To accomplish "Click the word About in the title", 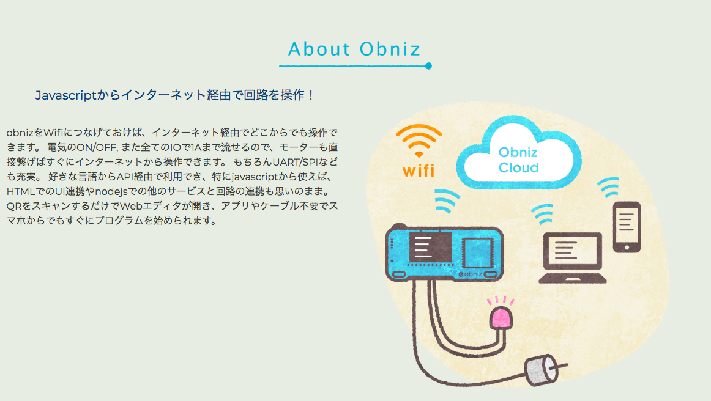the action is (319, 49).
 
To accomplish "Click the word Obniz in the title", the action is (390, 49).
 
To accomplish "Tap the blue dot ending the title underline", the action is (428, 66).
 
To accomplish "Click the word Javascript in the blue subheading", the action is (65, 95).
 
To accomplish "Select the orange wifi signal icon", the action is (419, 141).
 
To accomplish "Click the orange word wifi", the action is (419, 171).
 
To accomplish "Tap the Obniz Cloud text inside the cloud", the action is (518, 160).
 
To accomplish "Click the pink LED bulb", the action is (501, 318).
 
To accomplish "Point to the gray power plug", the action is (542, 370).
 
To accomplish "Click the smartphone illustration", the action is (627, 227).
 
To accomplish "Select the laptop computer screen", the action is (572, 251).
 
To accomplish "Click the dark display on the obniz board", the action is (430, 247).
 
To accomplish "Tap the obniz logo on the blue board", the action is (470, 274).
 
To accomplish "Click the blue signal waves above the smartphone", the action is (609, 186).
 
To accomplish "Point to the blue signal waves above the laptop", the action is (543, 214).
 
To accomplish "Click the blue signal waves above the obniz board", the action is (447, 200).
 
